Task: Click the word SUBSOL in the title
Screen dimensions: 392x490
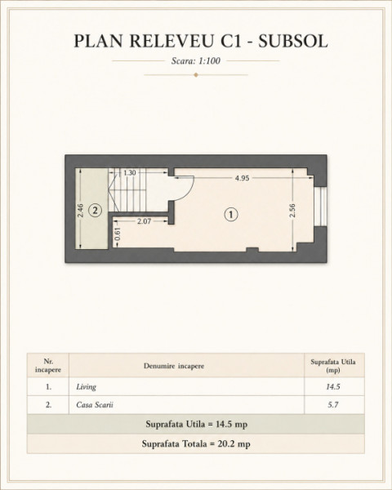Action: coord(293,41)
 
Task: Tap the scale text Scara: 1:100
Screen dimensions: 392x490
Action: coord(196,60)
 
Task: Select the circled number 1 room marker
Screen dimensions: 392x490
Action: coord(231,215)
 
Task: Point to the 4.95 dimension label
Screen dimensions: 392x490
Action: coord(243,178)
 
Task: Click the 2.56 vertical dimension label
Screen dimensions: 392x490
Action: coord(292,211)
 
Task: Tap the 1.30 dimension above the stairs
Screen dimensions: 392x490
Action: coord(129,173)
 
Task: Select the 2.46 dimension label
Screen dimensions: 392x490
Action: coord(80,211)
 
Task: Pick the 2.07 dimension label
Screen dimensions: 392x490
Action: coord(144,221)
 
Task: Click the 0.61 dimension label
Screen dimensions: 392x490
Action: coord(118,234)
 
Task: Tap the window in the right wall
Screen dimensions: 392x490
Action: coord(322,207)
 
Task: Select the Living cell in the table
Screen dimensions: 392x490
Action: coord(87,387)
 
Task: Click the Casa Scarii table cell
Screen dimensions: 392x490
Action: coord(95,405)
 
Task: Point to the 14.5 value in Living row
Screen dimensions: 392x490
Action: coord(333,387)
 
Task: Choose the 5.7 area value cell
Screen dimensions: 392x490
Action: coord(333,405)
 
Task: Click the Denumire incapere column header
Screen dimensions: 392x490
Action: coord(174,366)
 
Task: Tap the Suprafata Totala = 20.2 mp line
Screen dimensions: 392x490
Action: coord(196,443)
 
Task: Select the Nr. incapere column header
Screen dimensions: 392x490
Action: coord(48,366)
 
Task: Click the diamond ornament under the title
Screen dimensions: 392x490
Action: coord(196,75)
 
